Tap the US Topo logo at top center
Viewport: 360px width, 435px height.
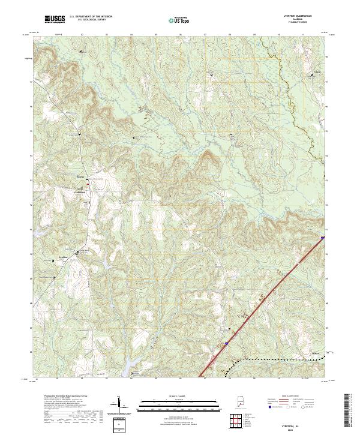click(180, 20)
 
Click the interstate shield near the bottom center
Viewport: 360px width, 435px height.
click(227, 343)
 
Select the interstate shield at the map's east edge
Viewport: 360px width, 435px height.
click(322, 238)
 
